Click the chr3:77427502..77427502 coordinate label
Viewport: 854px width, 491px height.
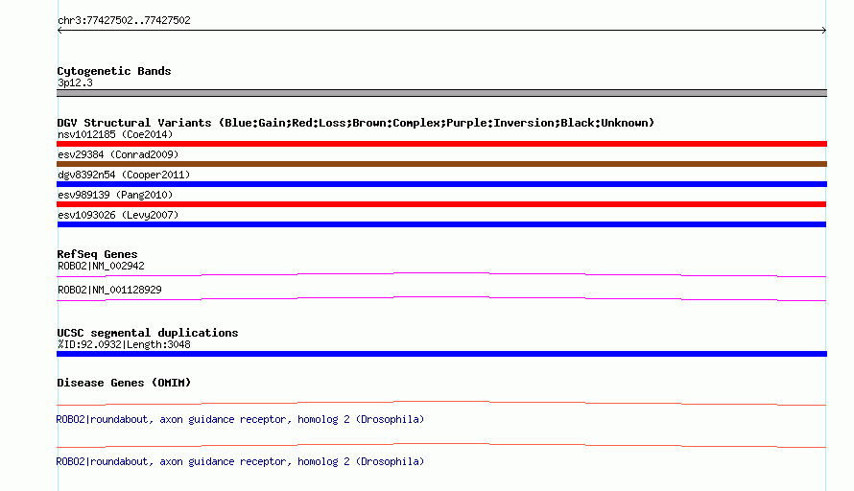(124, 20)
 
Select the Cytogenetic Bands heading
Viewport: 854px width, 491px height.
(114, 71)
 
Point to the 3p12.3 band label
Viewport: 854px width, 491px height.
(75, 82)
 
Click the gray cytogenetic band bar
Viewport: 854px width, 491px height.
(441, 93)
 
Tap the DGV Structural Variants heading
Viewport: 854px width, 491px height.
(356, 123)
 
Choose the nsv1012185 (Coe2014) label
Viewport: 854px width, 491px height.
(115, 134)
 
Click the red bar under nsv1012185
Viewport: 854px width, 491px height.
(441, 144)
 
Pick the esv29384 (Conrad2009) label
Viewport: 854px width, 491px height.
(118, 154)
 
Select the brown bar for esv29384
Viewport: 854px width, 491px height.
(441, 164)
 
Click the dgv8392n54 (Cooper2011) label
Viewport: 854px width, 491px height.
(124, 175)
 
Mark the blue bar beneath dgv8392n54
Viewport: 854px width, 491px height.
(441, 184)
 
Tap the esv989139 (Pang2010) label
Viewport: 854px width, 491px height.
(115, 195)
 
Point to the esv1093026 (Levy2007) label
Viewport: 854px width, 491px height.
(118, 215)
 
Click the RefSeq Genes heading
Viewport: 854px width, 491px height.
(97, 254)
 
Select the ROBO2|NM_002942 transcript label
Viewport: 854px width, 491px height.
(101, 267)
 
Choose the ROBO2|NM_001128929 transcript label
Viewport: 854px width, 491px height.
(109, 290)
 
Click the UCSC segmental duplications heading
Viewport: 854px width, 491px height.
(148, 333)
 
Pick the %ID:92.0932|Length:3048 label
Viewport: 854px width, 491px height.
(124, 344)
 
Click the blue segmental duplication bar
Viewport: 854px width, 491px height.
(441, 354)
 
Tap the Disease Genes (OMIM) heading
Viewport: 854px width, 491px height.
(124, 383)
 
